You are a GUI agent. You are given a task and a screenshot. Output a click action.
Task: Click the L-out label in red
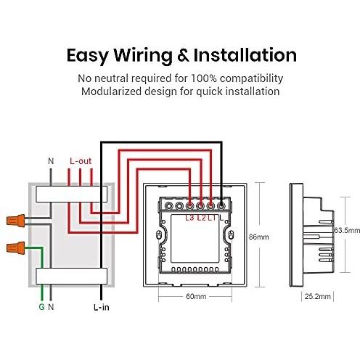81,161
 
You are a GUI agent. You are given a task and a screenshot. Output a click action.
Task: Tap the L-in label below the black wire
102,307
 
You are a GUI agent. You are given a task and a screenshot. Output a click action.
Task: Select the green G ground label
41,307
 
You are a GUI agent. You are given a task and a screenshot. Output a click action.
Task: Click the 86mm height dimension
258,237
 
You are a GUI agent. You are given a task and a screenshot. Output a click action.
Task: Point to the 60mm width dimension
196,296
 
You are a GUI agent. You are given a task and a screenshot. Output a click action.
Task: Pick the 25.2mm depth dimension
317,296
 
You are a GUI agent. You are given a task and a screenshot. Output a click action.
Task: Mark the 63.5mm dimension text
347,230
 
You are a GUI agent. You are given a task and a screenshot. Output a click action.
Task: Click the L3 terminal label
190,218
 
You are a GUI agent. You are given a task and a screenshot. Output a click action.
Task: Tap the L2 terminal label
201,218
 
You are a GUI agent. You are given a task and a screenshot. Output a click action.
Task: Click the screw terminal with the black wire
221,206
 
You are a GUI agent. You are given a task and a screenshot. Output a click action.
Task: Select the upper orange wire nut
16,220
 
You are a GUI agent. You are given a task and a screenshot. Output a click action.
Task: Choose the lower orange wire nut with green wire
16,248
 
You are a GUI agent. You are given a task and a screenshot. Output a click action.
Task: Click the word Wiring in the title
143,56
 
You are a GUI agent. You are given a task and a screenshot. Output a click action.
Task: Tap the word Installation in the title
245,55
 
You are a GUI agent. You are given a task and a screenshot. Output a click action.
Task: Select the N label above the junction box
51,161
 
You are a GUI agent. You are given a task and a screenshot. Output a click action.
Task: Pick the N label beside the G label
51,307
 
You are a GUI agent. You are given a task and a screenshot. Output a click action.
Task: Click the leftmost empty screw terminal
168,206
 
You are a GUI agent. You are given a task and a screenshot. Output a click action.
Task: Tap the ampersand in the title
183,56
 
